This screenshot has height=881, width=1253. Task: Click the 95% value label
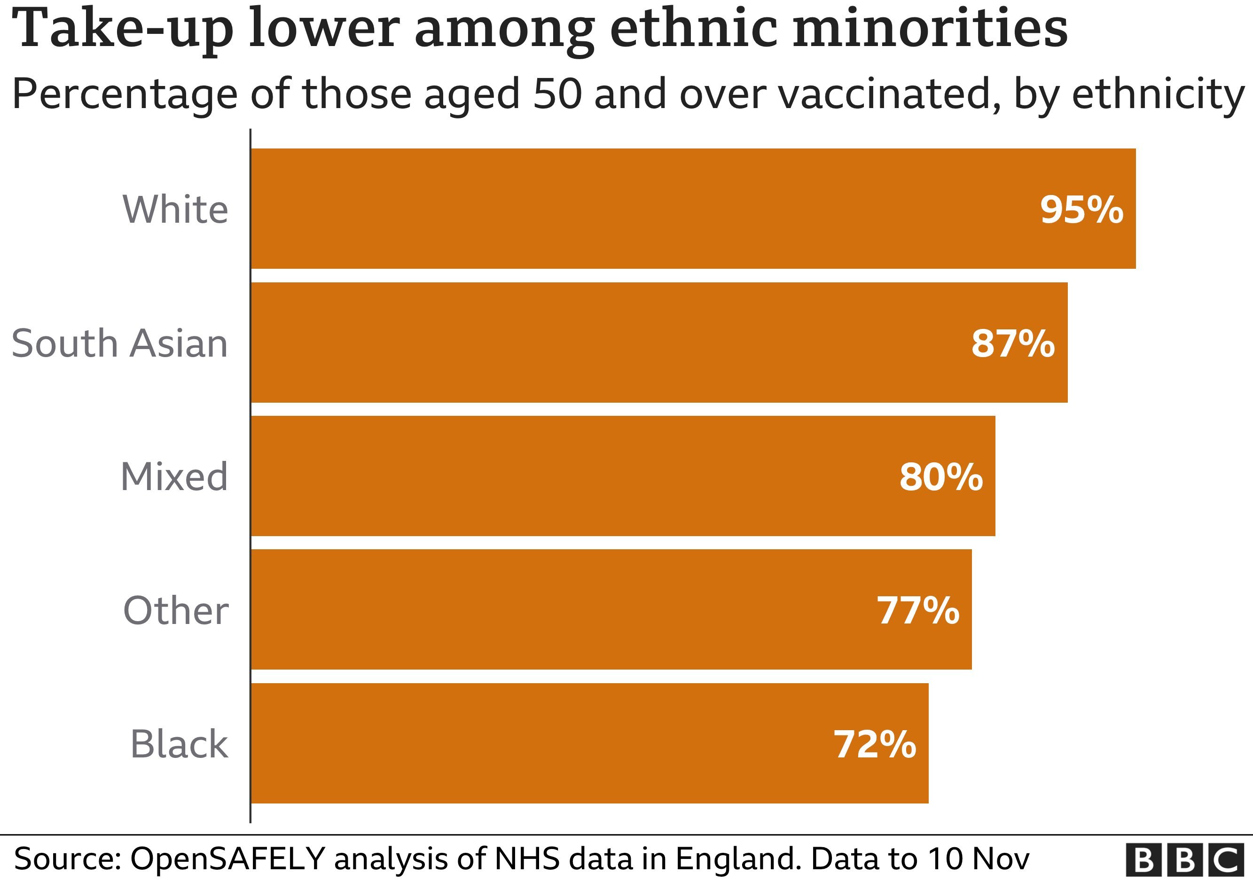coord(1081,210)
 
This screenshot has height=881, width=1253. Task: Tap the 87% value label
coord(1013,343)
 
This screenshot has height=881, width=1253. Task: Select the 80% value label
coord(941,477)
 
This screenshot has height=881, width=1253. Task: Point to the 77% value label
coord(918,610)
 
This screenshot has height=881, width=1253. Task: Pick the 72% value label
coord(874,744)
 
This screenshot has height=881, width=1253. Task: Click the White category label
coord(175,210)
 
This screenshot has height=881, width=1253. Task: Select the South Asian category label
coord(119,343)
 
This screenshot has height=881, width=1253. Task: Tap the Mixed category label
coord(174,477)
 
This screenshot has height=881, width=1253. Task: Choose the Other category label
coord(176,610)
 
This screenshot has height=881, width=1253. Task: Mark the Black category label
coord(179,744)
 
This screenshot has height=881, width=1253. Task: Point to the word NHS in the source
coord(527,858)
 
